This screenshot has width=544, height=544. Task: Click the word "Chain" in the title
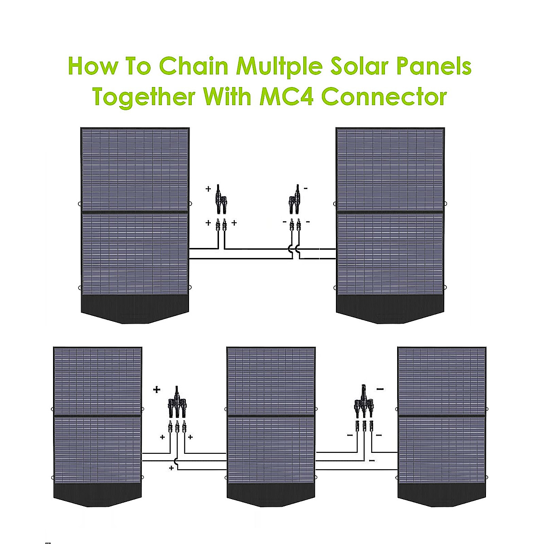(x=194, y=66)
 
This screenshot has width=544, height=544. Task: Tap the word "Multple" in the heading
(x=278, y=66)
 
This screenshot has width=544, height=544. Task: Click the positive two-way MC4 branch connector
(x=222, y=199)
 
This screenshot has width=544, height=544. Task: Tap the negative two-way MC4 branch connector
(x=295, y=199)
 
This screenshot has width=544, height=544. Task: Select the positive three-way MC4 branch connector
(x=177, y=402)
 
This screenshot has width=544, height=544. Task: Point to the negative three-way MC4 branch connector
(x=364, y=401)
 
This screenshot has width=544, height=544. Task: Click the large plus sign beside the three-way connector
(x=157, y=389)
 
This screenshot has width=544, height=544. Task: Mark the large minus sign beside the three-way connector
(x=380, y=389)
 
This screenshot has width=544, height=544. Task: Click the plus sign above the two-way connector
(x=209, y=188)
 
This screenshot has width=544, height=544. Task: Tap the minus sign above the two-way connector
(x=306, y=188)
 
